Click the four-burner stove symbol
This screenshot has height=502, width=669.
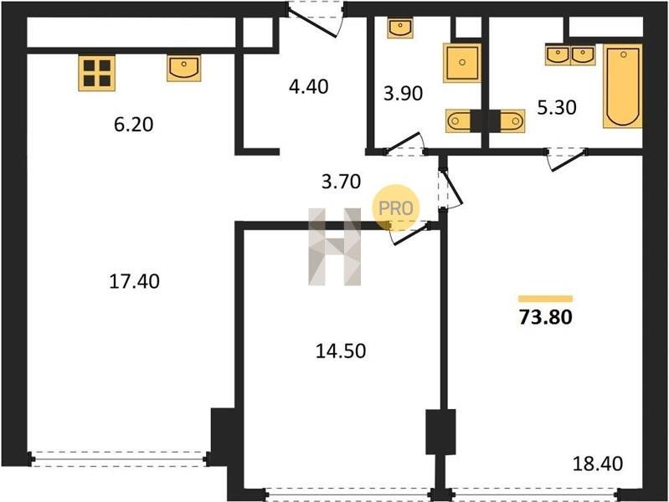pyautogui.click(x=97, y=73)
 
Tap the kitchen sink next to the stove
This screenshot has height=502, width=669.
pyautogui.click(x=184, y=69)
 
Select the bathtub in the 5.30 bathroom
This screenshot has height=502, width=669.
pyautogui.click(x=622, y=86)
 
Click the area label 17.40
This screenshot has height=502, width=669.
pyautogui.click(x=135, y=281)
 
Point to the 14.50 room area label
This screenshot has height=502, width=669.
pyautogui.click(x=341, y=351)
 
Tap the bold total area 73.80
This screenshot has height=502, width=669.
pyautogui.click(x=546, y=317)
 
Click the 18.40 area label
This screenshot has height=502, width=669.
pyautogui.click(x=597, y=464)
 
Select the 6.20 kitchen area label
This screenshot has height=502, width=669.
pyautogui.click(x=133, y=125)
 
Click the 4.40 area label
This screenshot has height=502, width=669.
pyautogui.click(x=308, y=87)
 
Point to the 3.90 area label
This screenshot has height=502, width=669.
pyautogui.click(x=404, y=94)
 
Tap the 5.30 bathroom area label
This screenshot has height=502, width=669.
pyautogui.click(x=557, y=107)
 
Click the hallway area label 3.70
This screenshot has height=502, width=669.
pyautogui.click(x=341, y=182)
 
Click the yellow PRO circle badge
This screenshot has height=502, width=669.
pyautogui.click(x=395, y=208)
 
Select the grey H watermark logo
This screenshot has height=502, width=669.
pyautogui.click(x=335, y=247)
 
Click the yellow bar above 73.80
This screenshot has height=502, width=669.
pyautogui.click(x=546, y=299)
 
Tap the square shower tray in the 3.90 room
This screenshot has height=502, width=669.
pyautogui.click(x=462, y=63)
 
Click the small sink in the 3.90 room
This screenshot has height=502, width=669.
pyautogui.click(x=400, y=28)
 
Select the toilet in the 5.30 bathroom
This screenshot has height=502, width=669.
pyautogui.click(x=507, y=121)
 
